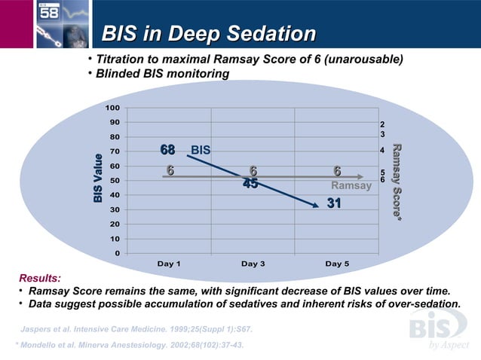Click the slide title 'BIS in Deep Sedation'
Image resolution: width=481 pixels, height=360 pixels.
[x=208, y=34]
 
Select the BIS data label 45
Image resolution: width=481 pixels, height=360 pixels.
[x=250, y=184]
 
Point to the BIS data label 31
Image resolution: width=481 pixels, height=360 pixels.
[x=335, y=203]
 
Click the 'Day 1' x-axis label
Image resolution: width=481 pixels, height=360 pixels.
[x=168, y=264]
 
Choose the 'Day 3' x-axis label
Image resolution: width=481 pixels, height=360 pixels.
[x=253, y=264]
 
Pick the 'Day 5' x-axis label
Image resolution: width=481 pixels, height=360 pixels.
[x=337, y=264]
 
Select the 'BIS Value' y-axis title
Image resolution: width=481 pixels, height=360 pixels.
[x=97, y=178]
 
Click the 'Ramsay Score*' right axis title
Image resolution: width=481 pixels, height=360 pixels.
[x=397, y=182]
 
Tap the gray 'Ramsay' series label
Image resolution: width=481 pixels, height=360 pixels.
[x=352, y=185]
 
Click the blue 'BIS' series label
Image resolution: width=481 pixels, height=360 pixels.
[x=201, y=151]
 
